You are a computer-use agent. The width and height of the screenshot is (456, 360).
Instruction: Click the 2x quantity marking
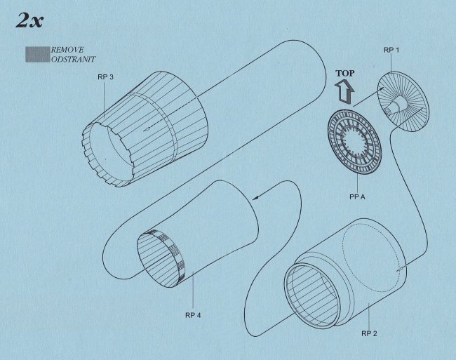click(x=29, y=20)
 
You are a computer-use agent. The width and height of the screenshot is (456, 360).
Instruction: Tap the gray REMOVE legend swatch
click(x=37, y=54)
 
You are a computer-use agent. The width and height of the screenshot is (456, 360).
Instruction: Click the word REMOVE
click(x=67, y=50)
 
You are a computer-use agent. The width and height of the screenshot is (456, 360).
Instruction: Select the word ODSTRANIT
click(x=73, y=60)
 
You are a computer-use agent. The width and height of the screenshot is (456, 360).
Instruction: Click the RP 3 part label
click(x=105, y=77)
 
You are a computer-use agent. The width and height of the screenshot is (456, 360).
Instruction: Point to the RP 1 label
click(x=391, y=50)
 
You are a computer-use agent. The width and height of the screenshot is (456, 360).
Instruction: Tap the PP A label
click(x=357, y=197)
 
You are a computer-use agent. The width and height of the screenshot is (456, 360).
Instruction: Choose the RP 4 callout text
click(x=193, y=315)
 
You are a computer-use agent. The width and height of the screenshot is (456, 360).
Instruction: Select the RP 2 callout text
click(x=369, y=333)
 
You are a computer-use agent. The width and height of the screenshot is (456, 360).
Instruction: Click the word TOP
click(x=345, y=73)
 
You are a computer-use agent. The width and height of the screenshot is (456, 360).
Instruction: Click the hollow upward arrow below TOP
click(x=345, y=91)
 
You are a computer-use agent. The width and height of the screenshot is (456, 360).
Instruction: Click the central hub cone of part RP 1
click(x=397, y=105)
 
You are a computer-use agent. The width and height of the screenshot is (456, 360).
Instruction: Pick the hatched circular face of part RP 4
click(x=157, y=260)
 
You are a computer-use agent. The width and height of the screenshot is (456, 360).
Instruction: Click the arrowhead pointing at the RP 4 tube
click(x=256, y=198)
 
